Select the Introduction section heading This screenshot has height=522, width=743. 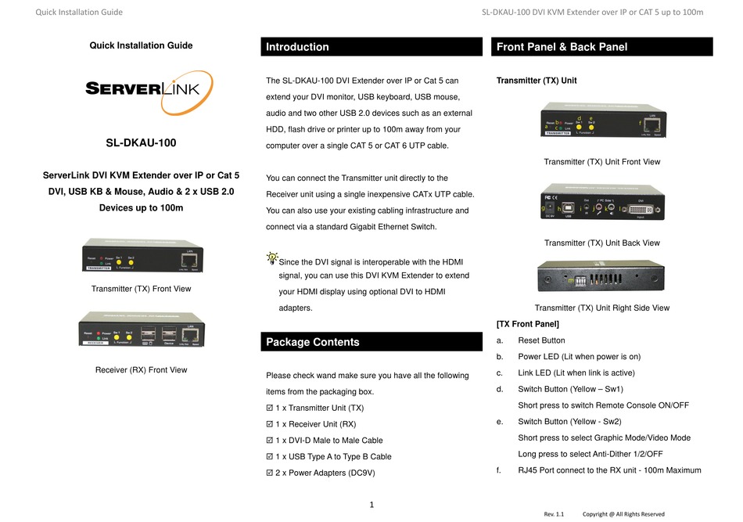pos(298,47)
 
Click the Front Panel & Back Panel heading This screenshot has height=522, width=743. pos(562,47)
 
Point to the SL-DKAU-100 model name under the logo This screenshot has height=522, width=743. pos(141,143)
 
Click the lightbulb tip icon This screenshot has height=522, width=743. pos(271,257)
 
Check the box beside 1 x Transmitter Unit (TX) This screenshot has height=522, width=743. pos(270,409)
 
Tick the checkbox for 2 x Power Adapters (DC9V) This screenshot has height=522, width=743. pos(270,473)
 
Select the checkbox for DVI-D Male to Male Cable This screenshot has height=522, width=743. pos(270,441)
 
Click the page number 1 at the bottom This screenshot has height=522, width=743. pos(372,505)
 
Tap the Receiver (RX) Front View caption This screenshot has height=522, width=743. pos(141,369)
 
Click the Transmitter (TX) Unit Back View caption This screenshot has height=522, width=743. pos(601,243)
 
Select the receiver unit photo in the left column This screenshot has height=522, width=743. pos(141,329)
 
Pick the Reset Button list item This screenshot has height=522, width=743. pos(541,340)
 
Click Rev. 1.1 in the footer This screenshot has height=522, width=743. pos(554,514)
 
